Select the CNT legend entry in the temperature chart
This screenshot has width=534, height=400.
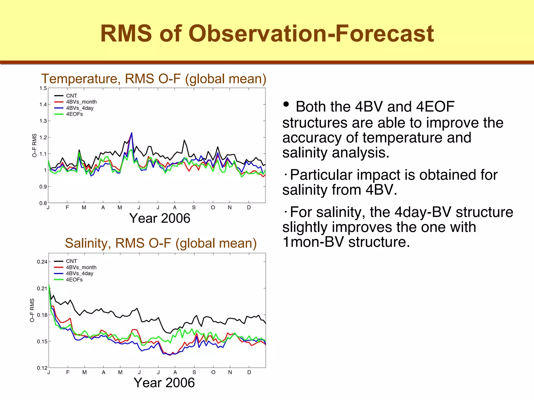(x=71, y=96)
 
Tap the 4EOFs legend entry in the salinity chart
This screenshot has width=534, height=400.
(x=74, y=280)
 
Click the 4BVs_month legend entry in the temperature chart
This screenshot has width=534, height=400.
(x=81, y=102)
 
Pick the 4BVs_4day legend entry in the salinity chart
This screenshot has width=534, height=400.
(x=79, y=273)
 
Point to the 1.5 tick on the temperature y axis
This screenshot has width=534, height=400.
(x=43, y=88)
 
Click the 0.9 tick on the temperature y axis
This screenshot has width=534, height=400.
(x=43, y=187)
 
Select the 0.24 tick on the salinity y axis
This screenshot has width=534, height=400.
(x=42, y=262)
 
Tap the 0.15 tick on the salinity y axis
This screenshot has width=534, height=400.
(x=42, y=341)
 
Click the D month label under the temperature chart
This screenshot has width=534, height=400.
(x=249, y=208)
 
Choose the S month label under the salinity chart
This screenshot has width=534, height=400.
(x=194, y=372)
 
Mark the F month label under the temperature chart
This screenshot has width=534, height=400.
(x=67, y=208)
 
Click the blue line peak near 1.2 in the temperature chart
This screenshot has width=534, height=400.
(x=132, y=133)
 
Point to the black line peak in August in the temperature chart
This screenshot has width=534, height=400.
(x=184, y=140)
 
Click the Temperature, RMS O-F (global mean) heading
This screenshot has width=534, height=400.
(x=154, y=79)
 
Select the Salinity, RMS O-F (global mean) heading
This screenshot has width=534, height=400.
(x=161, y=243)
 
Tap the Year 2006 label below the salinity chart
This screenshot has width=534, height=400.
(x=164, y=383)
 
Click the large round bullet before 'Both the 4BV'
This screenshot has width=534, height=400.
(x=286, y=104)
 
